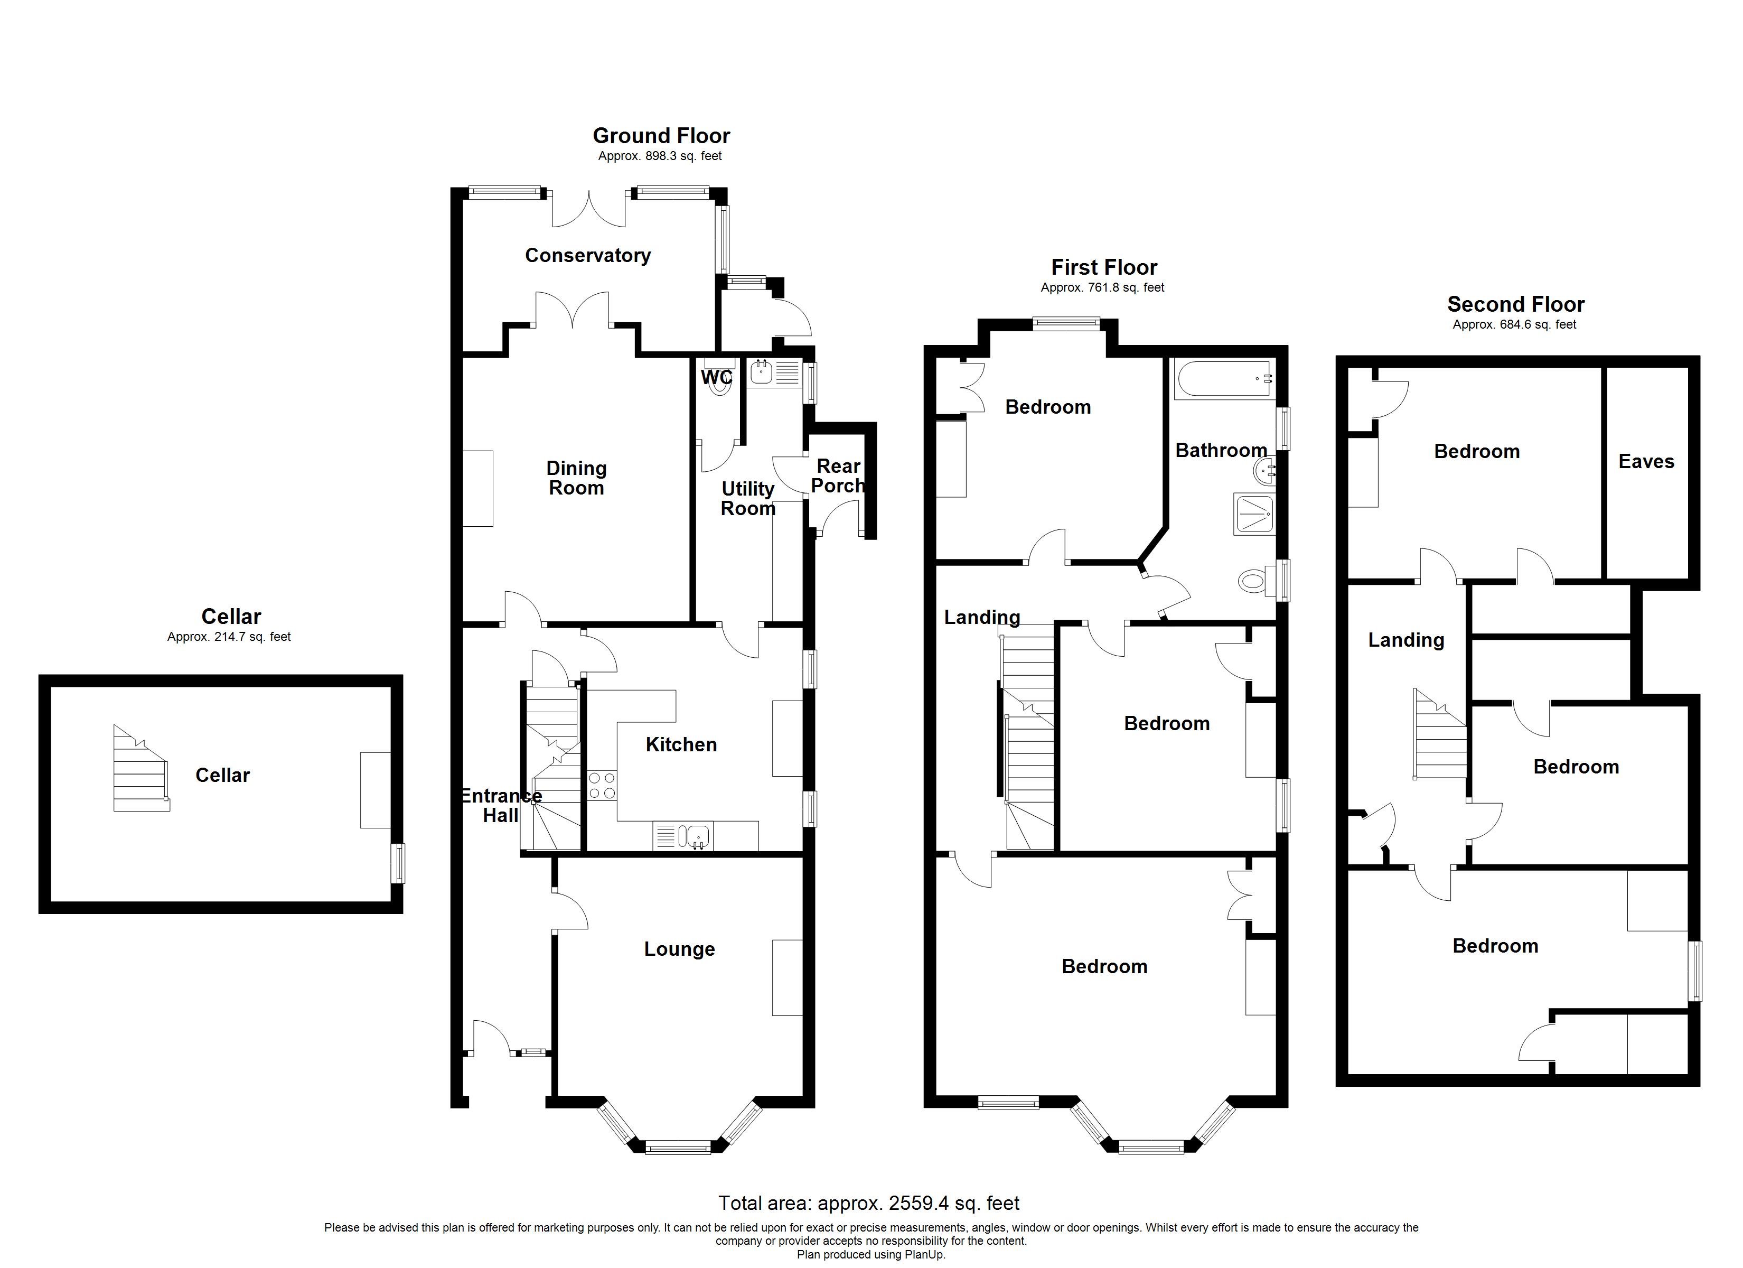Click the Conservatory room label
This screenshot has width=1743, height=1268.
tap(587, 255)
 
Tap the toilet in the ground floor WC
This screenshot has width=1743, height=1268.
tap(720, 385)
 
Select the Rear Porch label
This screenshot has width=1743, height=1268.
tap(838, 476)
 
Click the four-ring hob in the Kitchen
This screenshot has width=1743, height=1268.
tap(601, 785)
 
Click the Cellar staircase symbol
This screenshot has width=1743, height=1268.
tap(140, 768)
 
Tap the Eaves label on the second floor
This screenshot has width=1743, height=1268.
tap(1645, 461)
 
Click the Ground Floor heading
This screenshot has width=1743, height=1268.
tap(661, 136)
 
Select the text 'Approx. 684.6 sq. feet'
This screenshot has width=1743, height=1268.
tap(1513, 324)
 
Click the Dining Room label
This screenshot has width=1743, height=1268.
tap(576, 478)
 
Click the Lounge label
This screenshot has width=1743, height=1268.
tap(679, 949)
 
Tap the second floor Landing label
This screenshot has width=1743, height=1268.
tap(1405, 640)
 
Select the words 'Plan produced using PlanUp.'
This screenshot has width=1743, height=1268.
tap(871, 1254)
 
